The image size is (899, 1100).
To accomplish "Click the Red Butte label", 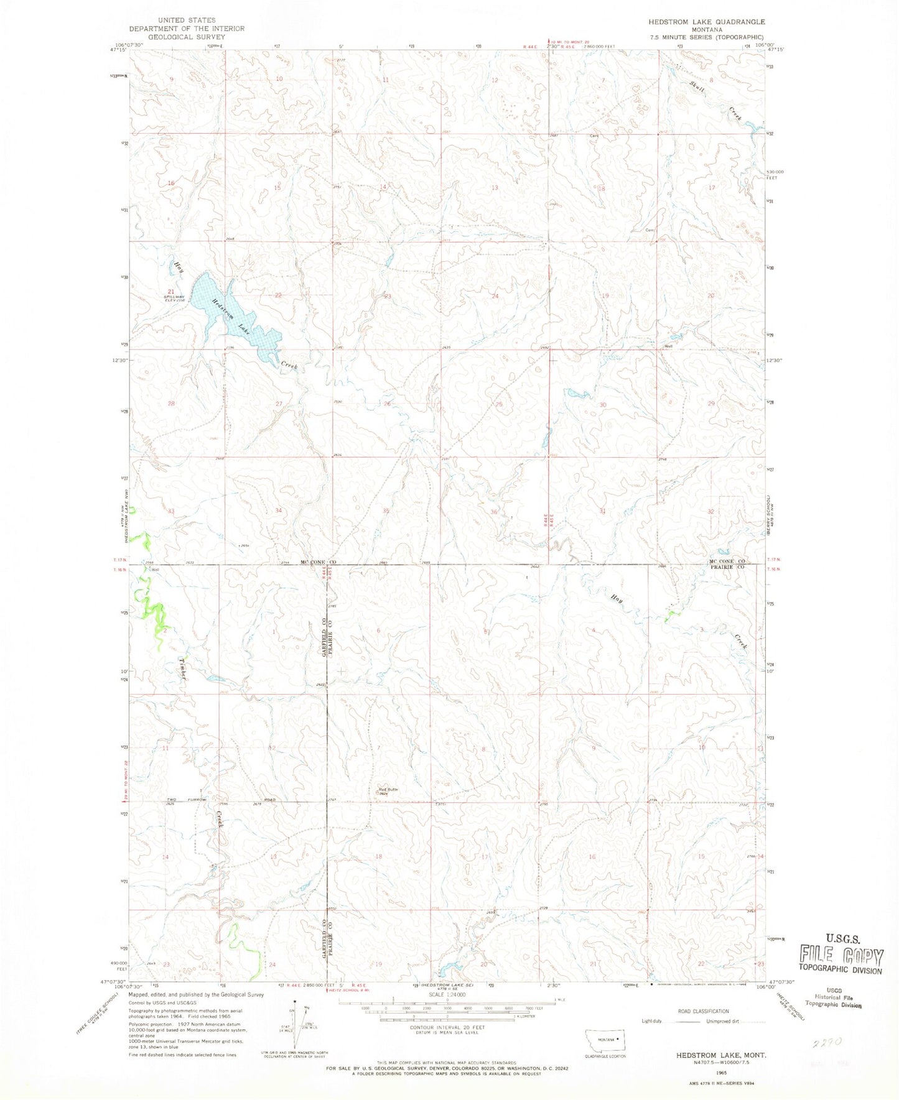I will pos(388,790).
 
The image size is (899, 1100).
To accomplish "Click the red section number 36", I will pos(495,512).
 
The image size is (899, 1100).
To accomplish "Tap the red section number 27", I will pos(279,404).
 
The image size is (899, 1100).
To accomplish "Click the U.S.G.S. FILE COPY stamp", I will pos(841,953).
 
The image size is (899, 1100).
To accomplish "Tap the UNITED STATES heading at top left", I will pos(187,21).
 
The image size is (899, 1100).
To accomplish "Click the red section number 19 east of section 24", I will pos(605,295).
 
